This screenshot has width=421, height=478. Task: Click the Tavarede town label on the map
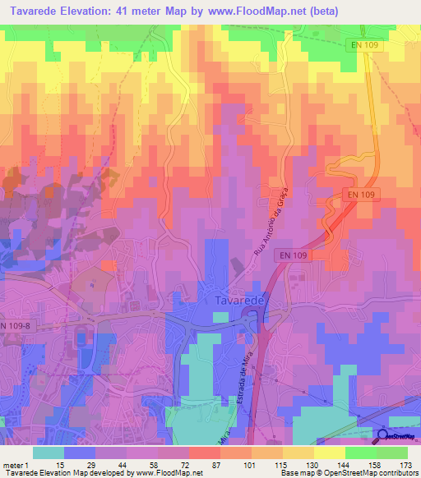click(x=239, y=301)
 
